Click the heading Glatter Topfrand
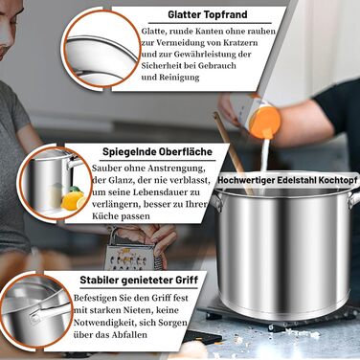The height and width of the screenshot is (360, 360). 208,14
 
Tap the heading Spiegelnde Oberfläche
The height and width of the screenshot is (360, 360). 157,151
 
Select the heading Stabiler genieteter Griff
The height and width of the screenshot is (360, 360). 139,281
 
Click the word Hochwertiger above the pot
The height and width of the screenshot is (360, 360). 246,180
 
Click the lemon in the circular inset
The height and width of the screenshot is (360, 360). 73,200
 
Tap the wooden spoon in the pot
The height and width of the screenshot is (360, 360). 234,153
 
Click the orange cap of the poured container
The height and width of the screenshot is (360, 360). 265,123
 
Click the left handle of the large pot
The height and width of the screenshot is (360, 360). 215,202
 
